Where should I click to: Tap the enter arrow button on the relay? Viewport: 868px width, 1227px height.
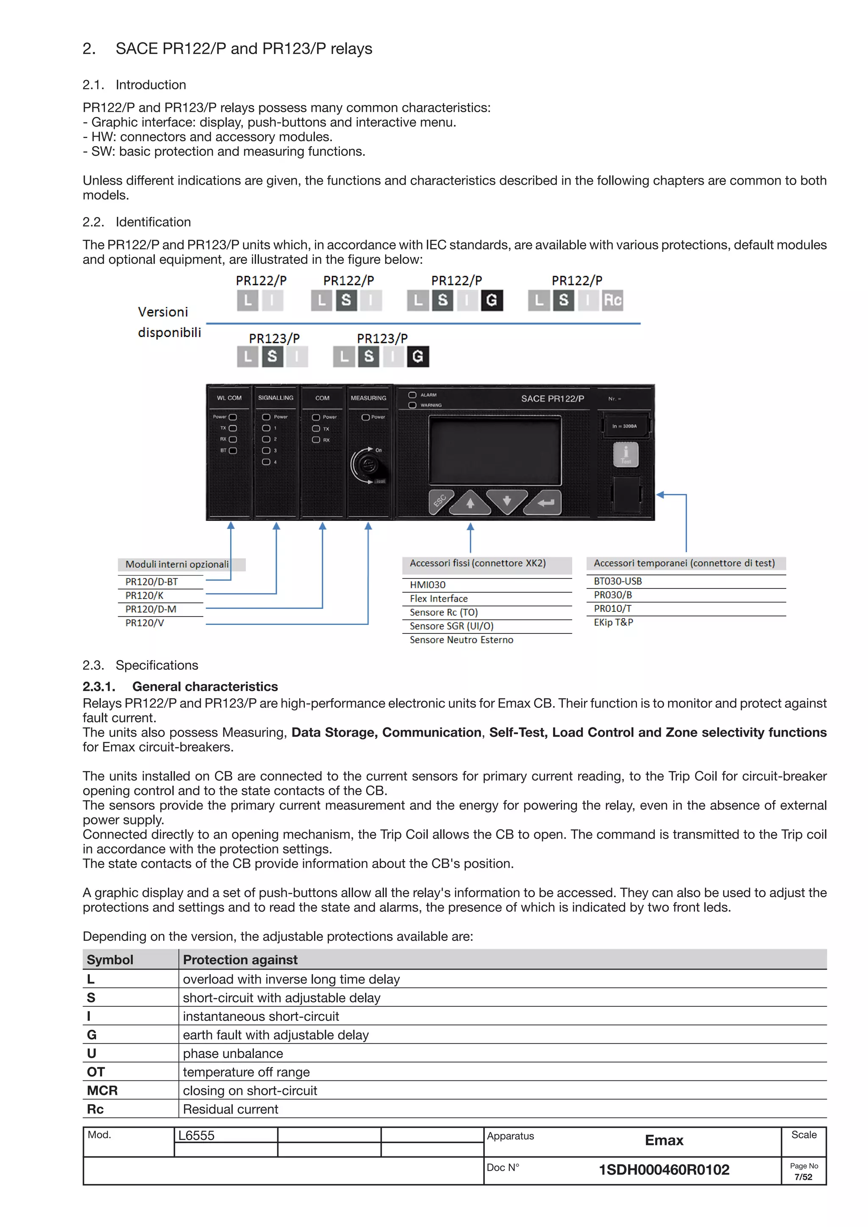pos(545,502)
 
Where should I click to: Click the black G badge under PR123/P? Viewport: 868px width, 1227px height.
pos(418,356)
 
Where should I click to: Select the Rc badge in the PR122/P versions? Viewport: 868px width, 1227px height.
pos(612,300)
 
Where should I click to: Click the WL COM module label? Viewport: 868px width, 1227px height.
pos(229,398)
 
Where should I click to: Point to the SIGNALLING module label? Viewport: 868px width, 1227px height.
pos(275,398)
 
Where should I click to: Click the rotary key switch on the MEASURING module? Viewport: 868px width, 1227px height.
pos(368,465)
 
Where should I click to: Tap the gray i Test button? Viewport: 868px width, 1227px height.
pos(625,455)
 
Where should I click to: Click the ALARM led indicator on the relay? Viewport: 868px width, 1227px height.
pos(412,395)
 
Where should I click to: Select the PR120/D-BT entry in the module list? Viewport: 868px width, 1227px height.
pos(152,581)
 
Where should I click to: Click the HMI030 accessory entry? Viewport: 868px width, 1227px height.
pos(427,585)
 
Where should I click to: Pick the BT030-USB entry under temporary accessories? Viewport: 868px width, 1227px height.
pos(618,581)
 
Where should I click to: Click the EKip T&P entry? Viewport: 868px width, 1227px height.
pos(613,622)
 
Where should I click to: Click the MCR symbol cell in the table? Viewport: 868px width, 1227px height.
pos(102,1090)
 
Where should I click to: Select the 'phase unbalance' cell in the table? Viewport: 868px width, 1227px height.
pos(233,1053)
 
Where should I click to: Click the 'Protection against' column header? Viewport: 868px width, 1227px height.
pos(240,960)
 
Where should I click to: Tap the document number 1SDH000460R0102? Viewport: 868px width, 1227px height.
pos(664,1170)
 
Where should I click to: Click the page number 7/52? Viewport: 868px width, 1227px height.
pos(803,1177)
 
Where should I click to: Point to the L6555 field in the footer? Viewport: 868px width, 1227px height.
pos(196,1136)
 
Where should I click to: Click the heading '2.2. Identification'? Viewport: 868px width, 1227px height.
pos(137,222)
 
